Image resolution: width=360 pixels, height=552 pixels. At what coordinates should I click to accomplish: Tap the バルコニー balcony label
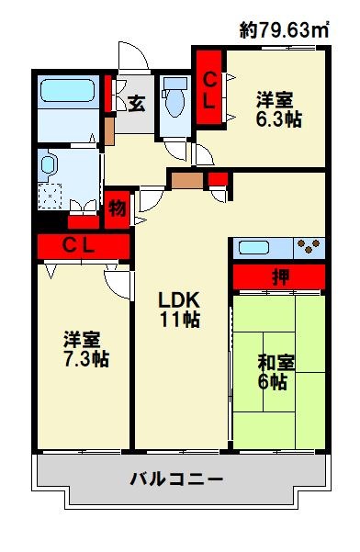176,479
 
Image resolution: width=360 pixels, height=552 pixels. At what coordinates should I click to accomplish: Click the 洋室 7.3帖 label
85,349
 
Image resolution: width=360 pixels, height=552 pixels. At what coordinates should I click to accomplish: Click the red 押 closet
278,276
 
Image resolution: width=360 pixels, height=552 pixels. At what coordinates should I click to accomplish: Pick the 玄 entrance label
136,102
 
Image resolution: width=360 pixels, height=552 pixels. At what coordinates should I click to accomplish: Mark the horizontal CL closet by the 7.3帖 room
84,245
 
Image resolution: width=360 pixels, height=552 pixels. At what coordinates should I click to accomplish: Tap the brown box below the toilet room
186,178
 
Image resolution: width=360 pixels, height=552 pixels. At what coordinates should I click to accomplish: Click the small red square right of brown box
217,178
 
